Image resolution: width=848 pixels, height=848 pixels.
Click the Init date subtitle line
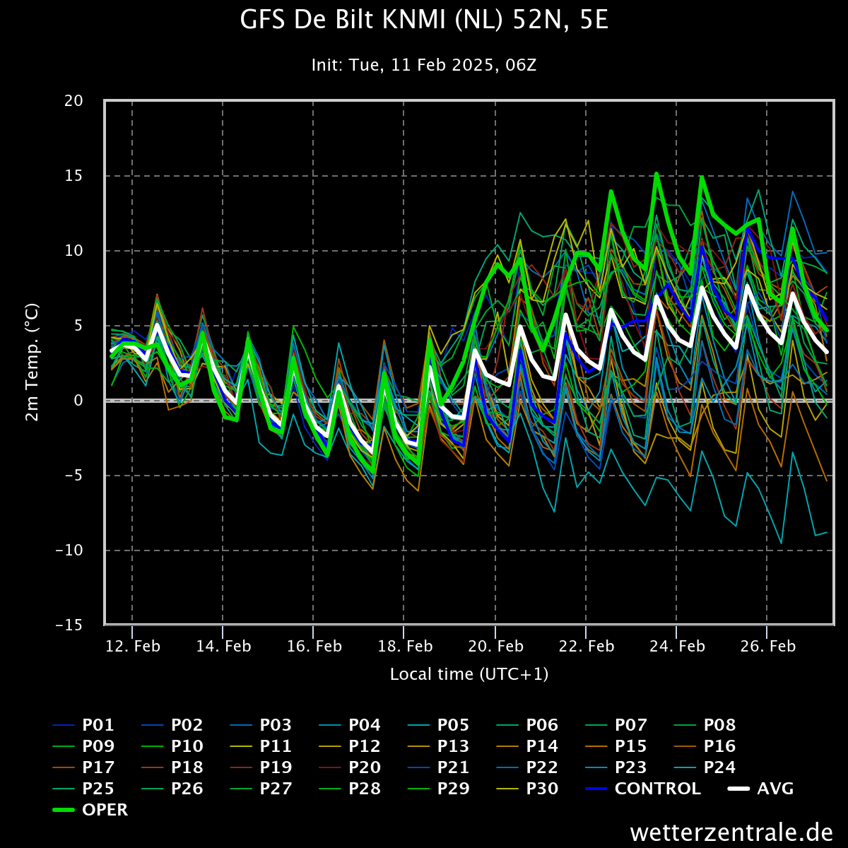[424, 65]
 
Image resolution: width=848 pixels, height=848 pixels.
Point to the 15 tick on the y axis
[73, 175]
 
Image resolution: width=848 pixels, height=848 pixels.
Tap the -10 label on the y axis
[69, 550]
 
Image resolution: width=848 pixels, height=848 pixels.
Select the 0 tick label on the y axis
[78, 401]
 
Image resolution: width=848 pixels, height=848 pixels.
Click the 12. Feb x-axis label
[132, 646]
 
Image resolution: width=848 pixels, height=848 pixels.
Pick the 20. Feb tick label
[495, 646]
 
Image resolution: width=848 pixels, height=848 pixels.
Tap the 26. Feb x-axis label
[767, 646]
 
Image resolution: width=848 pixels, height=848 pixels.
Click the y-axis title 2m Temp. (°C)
[32, 362]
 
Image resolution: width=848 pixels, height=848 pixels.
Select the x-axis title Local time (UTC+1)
[469, 674]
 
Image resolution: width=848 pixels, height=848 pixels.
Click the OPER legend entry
[90, 810]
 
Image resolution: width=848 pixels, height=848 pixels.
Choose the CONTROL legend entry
[643, 789]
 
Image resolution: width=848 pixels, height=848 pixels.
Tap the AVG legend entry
[761, 789]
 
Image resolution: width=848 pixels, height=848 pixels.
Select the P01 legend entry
[83, 725]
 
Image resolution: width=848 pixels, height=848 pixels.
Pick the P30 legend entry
[527, 789]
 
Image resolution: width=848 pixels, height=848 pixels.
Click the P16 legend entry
[705, 746]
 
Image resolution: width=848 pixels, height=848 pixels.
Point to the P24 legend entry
[705, 767]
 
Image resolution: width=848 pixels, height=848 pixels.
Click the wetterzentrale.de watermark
[731, 832]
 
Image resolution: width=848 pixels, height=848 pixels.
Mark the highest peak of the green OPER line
[656, 173]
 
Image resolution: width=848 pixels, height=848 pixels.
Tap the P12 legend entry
[350, 746]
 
